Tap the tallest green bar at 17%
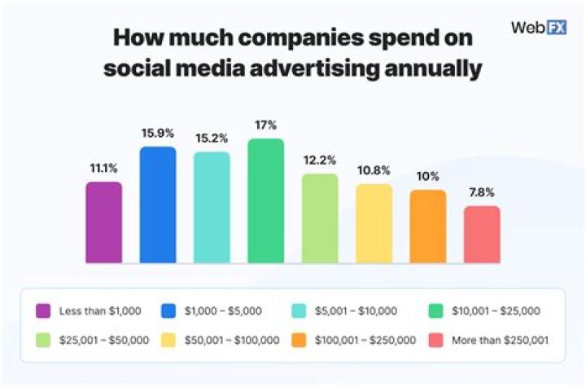tap(266, 201)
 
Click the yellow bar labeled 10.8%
tap(374, 224)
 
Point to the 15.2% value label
tap(212, 138)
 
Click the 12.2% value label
tap(320, 160)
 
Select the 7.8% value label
tap(482, 192)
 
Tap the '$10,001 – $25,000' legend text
tap(496, 310)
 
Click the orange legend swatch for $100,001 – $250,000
tap(300, 340)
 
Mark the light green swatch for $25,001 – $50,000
tap(44, 340)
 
